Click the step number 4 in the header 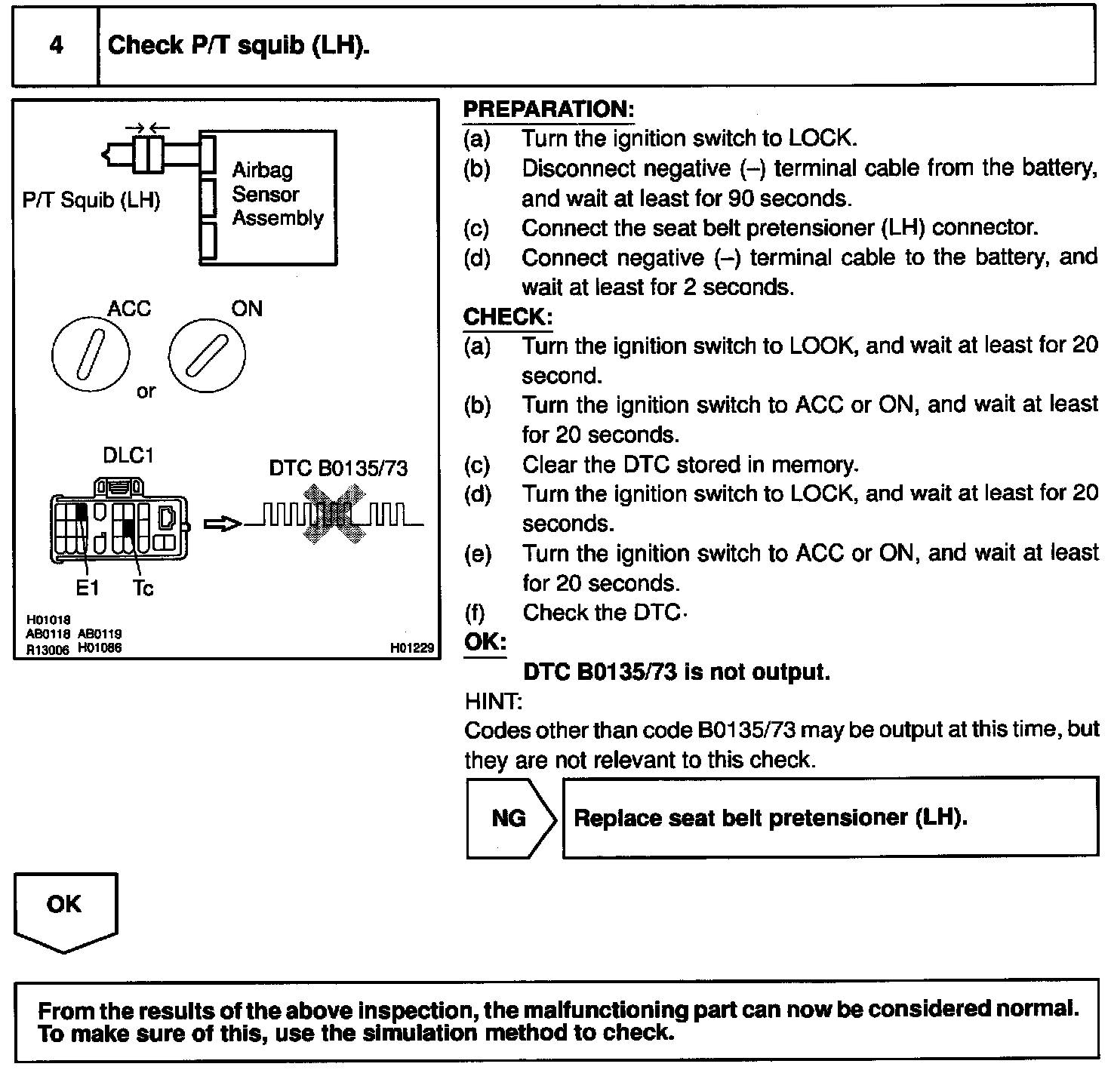pyautogui.click(x=56, y=46)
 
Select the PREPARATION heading pyautogui.click(x=548, y=109)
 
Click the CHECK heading pyautogui.click(x=507, y=317)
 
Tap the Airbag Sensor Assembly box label pyautogui.click(x=277, y=195)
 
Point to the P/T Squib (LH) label pyautogui.click(x=91, y=201)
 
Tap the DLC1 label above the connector pyautogui.click(x=128, y=457)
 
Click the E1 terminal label pyautogui.click(x=88, y=588)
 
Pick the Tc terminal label pyautogui.click(x=143, y=588)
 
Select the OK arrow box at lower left pyautogui.click(x=65, y=909)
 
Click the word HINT pyautogui.click(x=493, y=702)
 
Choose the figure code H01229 pyautogui.click(x=413, y=648)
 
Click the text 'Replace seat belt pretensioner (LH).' pyautogui.click(x=771, y=818)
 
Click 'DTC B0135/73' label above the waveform pyautogui.click(x=338, y=469)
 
